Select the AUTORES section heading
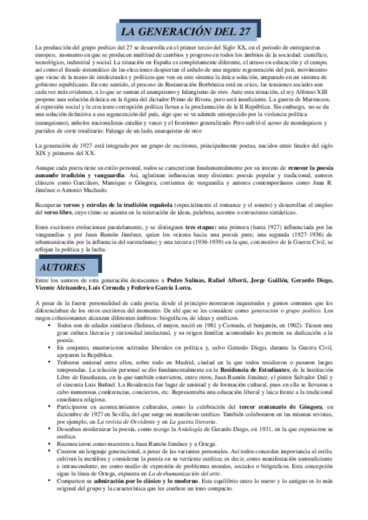point(62,268)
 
